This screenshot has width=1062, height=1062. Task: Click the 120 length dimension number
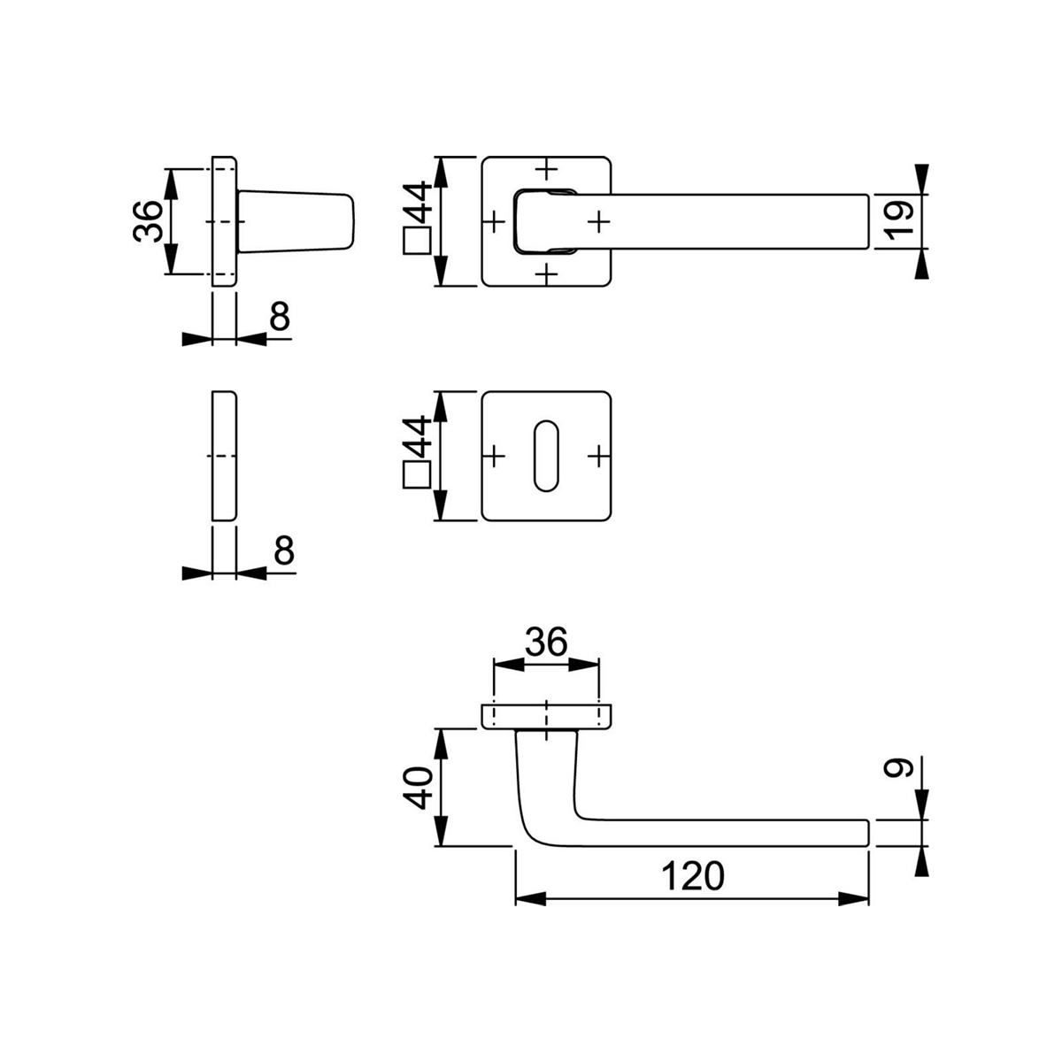(x=692, y=876)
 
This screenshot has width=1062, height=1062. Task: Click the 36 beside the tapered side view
(x=148, y=221)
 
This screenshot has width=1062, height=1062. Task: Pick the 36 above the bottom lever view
(x=545, y=643)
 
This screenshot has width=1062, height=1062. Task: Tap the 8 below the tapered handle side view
(x=280, y=317)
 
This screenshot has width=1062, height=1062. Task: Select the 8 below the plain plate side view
(x=282, y=551)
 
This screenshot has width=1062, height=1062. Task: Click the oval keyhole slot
(x=547, y=456)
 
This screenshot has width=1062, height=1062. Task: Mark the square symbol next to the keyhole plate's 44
(x=417, y=476)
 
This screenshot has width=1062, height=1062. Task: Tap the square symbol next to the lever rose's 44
(x=417, y=241)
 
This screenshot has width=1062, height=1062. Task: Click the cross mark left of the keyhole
(x=494, y=456)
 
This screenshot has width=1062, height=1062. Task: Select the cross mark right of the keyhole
(x=600, y=456)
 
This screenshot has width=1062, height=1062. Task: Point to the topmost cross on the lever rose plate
(x=548, y=167)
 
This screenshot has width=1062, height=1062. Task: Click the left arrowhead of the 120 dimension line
(x=528, y=899)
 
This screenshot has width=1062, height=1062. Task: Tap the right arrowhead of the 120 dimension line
(x=855, y=899)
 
